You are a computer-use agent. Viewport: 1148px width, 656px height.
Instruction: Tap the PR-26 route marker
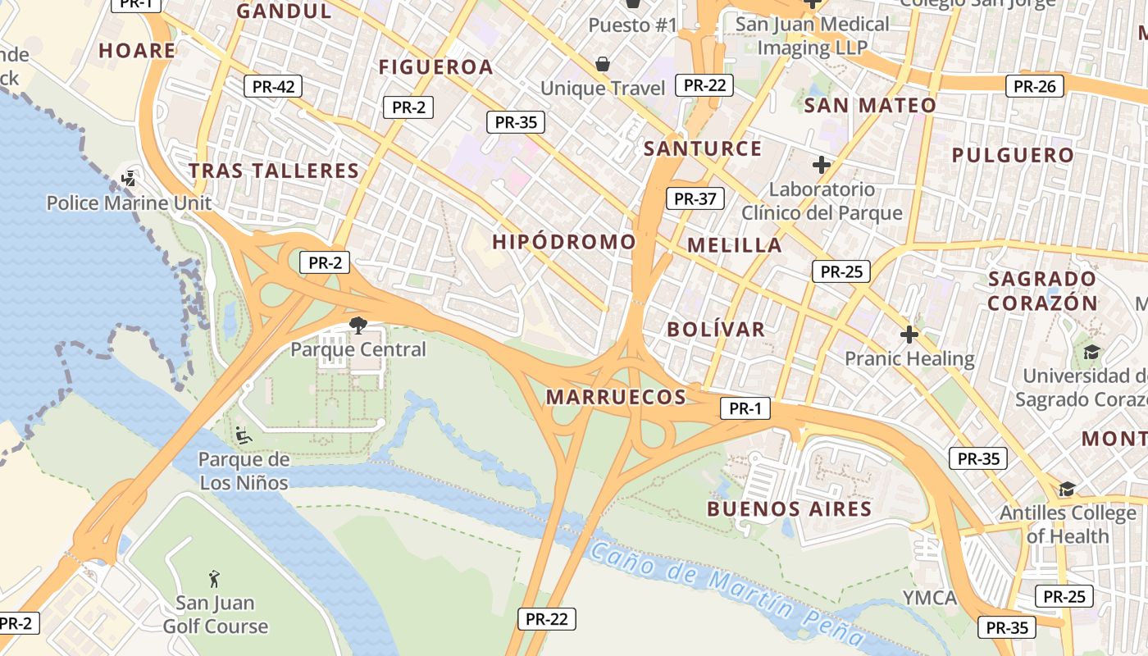(1035, 86)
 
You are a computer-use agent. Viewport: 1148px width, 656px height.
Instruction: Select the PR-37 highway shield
(695, 198)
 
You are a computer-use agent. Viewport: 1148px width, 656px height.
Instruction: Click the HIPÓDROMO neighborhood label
(564, 242)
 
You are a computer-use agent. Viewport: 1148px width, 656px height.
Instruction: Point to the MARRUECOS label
(616, 398)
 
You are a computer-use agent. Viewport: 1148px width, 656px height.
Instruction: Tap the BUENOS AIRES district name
(790, 509)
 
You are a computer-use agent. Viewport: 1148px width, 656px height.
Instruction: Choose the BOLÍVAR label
(716, 330)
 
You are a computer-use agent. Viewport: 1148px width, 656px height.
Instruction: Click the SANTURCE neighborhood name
(703, 149)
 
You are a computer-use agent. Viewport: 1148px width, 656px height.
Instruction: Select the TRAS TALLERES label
(274, 171)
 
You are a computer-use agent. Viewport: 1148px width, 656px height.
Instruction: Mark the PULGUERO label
(1013, 155)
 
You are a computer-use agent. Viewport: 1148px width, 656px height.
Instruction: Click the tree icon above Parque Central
(358, 326)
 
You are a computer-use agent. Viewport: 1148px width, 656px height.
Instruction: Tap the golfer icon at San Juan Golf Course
(215, 579)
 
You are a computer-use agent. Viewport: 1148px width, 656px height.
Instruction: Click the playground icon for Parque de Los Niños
(244, 435)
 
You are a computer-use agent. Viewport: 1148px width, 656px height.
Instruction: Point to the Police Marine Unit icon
(129, 178)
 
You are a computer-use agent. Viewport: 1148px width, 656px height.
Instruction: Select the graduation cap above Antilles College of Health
(1067, 490)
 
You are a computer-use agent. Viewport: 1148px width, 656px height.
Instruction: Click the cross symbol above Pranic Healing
(909, 335)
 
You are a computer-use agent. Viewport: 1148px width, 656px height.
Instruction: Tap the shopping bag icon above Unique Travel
(603, 64)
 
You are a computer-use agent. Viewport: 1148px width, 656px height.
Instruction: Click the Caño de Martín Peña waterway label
(726, 593)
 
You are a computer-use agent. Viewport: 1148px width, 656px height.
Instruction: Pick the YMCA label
(930, 597)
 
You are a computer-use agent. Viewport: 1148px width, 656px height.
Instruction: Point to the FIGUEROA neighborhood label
(435, 67)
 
